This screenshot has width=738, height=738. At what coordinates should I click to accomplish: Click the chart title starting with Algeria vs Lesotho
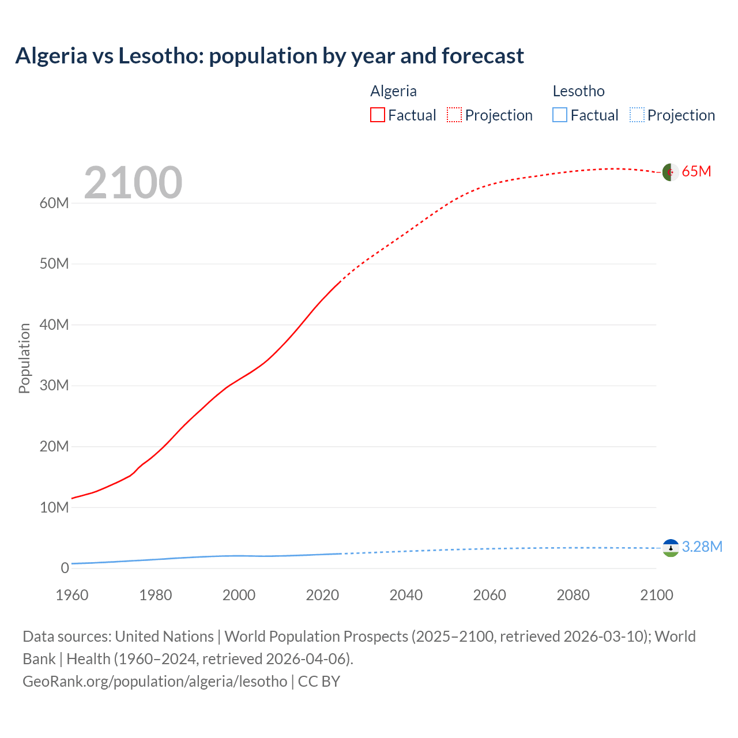[269, 56]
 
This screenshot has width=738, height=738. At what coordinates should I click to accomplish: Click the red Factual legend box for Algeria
[377, 115]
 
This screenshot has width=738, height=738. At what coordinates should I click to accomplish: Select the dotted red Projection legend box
[454, 115]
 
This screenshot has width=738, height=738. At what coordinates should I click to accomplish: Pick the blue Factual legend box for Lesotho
[559, 115]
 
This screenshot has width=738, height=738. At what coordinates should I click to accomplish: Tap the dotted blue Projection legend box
[637, 115]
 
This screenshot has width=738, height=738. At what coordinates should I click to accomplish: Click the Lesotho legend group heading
[578, 91]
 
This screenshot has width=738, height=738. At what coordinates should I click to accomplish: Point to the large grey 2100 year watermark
[133, 183]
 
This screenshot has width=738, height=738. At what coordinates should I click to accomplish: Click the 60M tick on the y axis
[54, 203]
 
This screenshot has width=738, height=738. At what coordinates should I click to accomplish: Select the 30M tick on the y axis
[54, 385]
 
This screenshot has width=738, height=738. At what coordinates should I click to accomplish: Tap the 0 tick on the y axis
[65, 568]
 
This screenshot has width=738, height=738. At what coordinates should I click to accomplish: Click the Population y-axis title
[24, 358]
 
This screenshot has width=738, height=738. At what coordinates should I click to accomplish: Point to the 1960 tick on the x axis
[72, 595]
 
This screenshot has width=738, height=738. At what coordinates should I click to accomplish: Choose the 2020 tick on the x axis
[322, 595]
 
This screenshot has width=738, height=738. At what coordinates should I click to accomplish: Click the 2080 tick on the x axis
[573, 595]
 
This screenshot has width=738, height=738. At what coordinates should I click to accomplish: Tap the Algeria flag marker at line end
[670, 172]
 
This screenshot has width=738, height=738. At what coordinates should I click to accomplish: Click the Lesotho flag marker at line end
[671, 548]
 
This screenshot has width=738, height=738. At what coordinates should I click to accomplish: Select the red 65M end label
[696, 171]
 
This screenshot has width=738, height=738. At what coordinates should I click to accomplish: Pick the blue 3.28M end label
[702, 547]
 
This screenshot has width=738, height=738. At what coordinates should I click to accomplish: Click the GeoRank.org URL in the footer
[155, 681]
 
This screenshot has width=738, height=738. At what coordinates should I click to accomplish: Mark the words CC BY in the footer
[319, 681]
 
